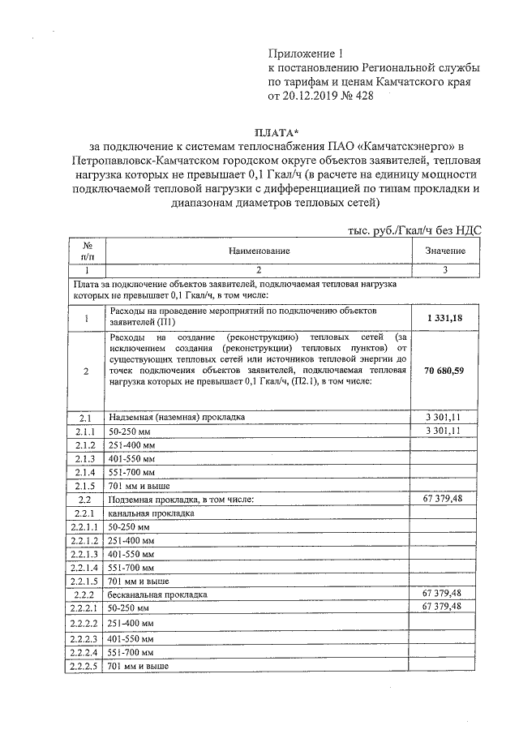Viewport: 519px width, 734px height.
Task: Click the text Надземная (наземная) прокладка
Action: pos(176,417)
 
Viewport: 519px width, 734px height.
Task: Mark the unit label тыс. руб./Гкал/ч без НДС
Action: pos(413,230)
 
